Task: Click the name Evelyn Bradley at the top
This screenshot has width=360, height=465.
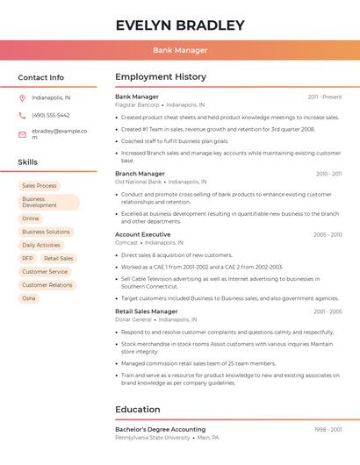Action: [x=180, y=25]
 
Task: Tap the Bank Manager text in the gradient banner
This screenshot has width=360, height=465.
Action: [x=180, y=50]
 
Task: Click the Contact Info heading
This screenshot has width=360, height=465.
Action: [x=41, y=77]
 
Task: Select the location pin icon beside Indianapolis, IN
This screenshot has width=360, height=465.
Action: [x=22, y=97]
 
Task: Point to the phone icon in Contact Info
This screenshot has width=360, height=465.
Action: [x=22, y=115]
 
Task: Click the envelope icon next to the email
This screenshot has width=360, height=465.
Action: [x=22, y=134]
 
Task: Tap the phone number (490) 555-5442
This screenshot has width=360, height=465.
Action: [x=50, y=115]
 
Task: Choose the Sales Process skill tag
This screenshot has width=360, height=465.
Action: [x=40, y=186]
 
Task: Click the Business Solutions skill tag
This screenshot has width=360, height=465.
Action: [x=46, y=232]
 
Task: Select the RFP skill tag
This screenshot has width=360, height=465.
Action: [x=27, y=259]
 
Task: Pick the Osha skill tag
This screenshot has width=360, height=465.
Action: [x=29, y=298]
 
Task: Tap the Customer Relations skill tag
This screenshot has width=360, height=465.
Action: [x=47, y=285]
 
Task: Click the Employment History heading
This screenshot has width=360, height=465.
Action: [x=161, y=77]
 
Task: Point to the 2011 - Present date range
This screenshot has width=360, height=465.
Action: [x=324, y=97]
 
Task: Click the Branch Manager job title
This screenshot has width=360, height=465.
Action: [x=140, y=174]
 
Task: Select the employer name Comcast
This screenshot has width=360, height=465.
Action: [x=126, y=242]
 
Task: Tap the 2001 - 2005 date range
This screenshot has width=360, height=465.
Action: [x=328, y=311]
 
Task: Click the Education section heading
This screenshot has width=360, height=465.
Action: [x=138, y=409]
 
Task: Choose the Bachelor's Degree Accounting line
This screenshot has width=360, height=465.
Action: [x=160, y=429]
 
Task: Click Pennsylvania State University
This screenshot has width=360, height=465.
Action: [x=152, y=437]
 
